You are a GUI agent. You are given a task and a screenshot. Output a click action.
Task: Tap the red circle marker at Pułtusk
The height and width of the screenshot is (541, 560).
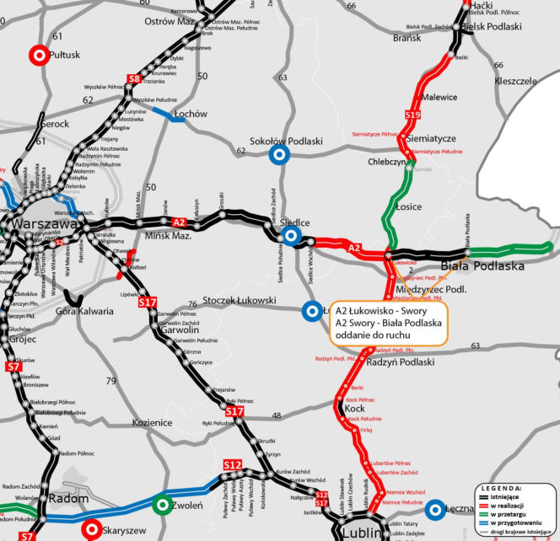[38, 56]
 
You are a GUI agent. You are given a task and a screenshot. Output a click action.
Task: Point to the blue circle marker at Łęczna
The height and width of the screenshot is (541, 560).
[435, 508]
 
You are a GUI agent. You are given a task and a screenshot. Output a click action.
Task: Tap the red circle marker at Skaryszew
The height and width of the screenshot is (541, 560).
[92, 528]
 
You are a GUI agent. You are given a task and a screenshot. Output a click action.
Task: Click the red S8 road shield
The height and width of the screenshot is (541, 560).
[133, 79]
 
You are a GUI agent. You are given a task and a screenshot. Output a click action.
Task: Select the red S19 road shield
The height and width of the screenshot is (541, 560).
[412, 115]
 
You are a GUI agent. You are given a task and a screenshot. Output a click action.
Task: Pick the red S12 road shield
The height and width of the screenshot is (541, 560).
[233, 465]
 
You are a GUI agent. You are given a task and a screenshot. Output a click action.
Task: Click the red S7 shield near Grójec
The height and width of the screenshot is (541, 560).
[13, 367]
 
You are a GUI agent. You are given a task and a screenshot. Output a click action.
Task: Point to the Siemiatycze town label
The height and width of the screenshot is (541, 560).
[431, 137]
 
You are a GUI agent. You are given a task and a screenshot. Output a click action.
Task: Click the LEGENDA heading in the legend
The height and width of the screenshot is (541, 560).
[502, 488]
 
